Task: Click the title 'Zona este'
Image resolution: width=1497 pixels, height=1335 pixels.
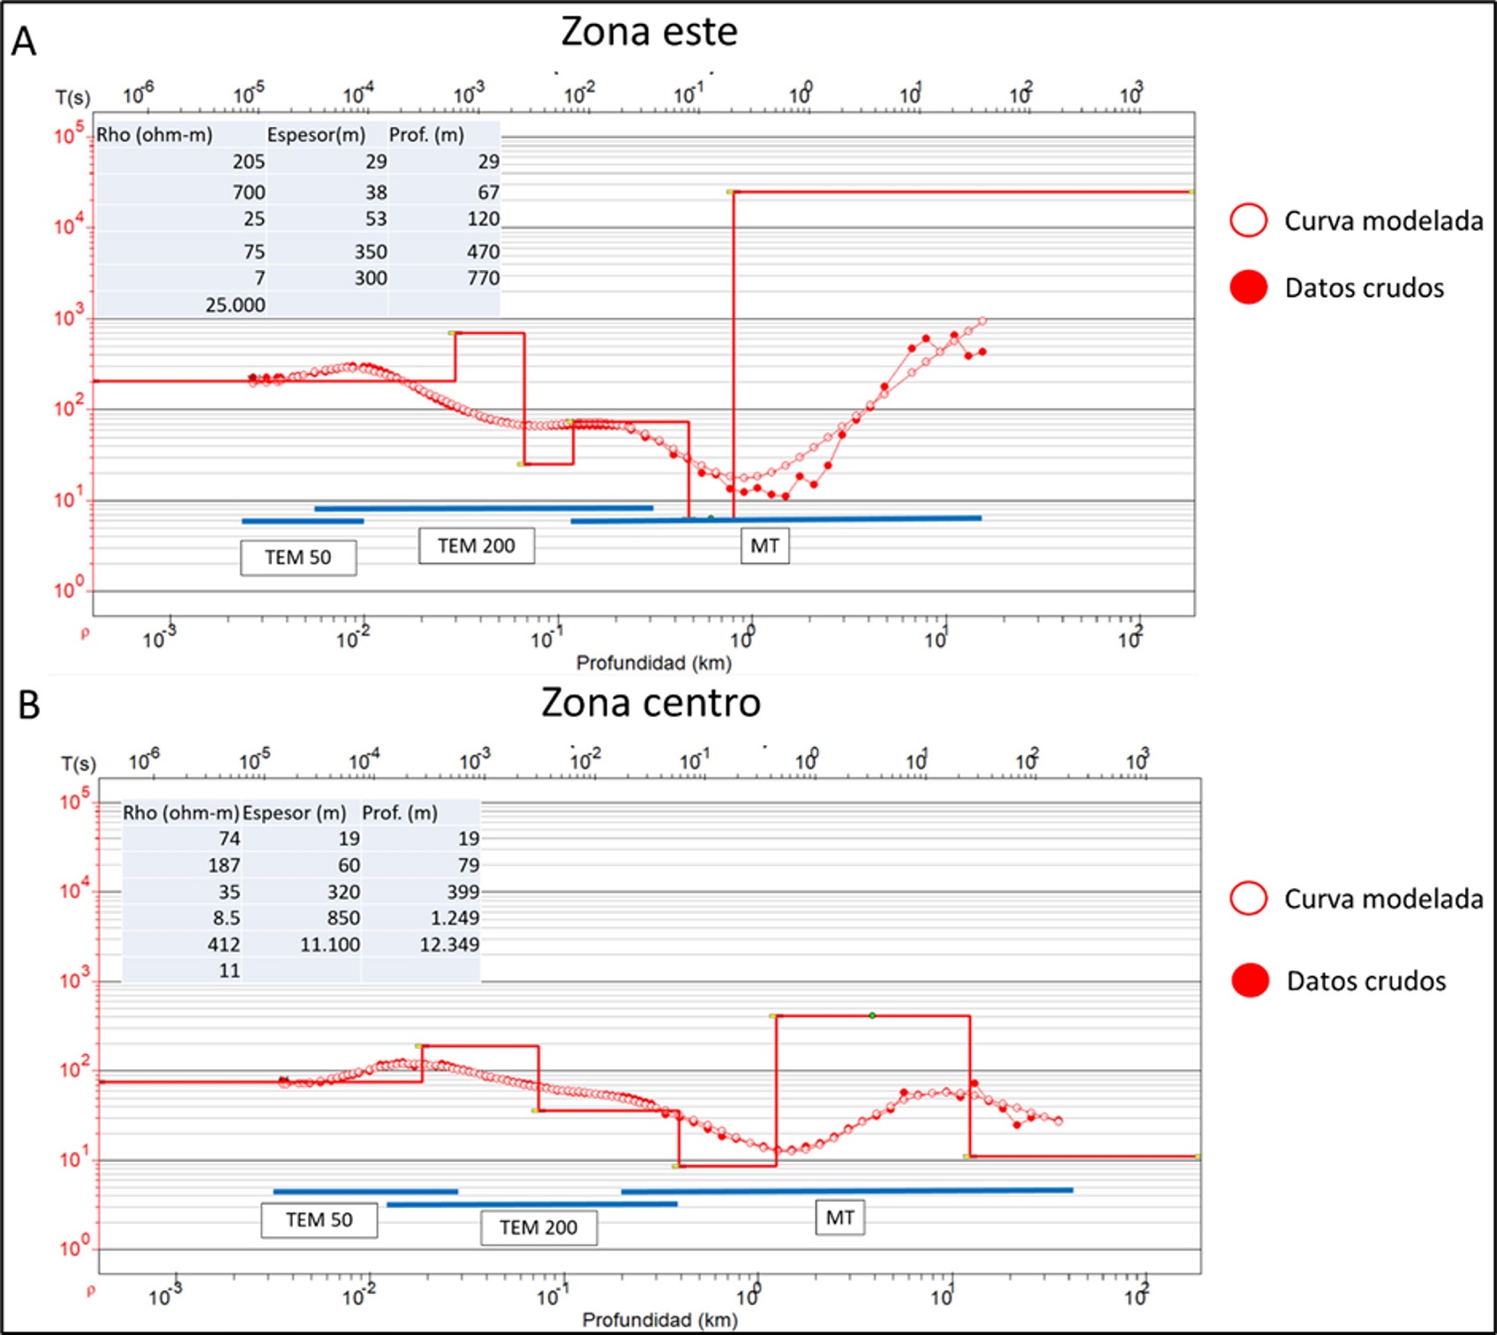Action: click(649, 33)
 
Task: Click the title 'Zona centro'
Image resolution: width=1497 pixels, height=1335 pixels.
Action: click(651, 703)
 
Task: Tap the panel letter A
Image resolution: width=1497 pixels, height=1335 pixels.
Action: click(25, 41)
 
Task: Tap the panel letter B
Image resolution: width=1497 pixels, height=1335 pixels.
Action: click(28, 705)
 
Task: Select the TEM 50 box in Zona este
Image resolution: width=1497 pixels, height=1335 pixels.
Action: click(298, 558)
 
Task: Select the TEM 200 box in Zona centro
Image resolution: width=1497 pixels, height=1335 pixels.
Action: click(538, 1227)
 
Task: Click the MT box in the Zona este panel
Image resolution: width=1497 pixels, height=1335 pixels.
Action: click(764, 546)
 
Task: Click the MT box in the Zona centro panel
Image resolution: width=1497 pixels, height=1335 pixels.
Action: click(839, 1218)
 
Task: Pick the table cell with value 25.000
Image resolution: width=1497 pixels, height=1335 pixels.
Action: click(235, 305)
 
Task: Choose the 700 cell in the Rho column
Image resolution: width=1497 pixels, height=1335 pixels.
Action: click(249, 192)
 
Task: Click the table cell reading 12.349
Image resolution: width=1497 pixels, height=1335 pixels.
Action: click(449, 945)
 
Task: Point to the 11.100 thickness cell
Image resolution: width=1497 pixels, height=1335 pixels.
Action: click(330, 945)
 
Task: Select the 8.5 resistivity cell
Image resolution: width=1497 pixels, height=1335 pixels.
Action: click(226, 918)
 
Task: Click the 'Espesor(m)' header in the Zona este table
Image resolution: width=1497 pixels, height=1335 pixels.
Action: click(316, 135)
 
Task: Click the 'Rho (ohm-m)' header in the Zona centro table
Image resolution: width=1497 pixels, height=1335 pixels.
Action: click(180, 813)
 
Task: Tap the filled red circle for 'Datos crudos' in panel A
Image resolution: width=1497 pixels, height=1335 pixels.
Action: click(1248, 288)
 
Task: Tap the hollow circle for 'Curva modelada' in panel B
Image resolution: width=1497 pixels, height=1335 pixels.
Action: click(1248, 899)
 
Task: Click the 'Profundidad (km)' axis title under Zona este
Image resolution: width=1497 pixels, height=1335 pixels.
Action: click(653, 663)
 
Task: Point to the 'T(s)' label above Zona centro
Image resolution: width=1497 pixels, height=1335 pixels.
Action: click(78, 764)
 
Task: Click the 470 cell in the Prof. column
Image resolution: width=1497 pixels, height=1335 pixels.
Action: click(483, 253)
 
